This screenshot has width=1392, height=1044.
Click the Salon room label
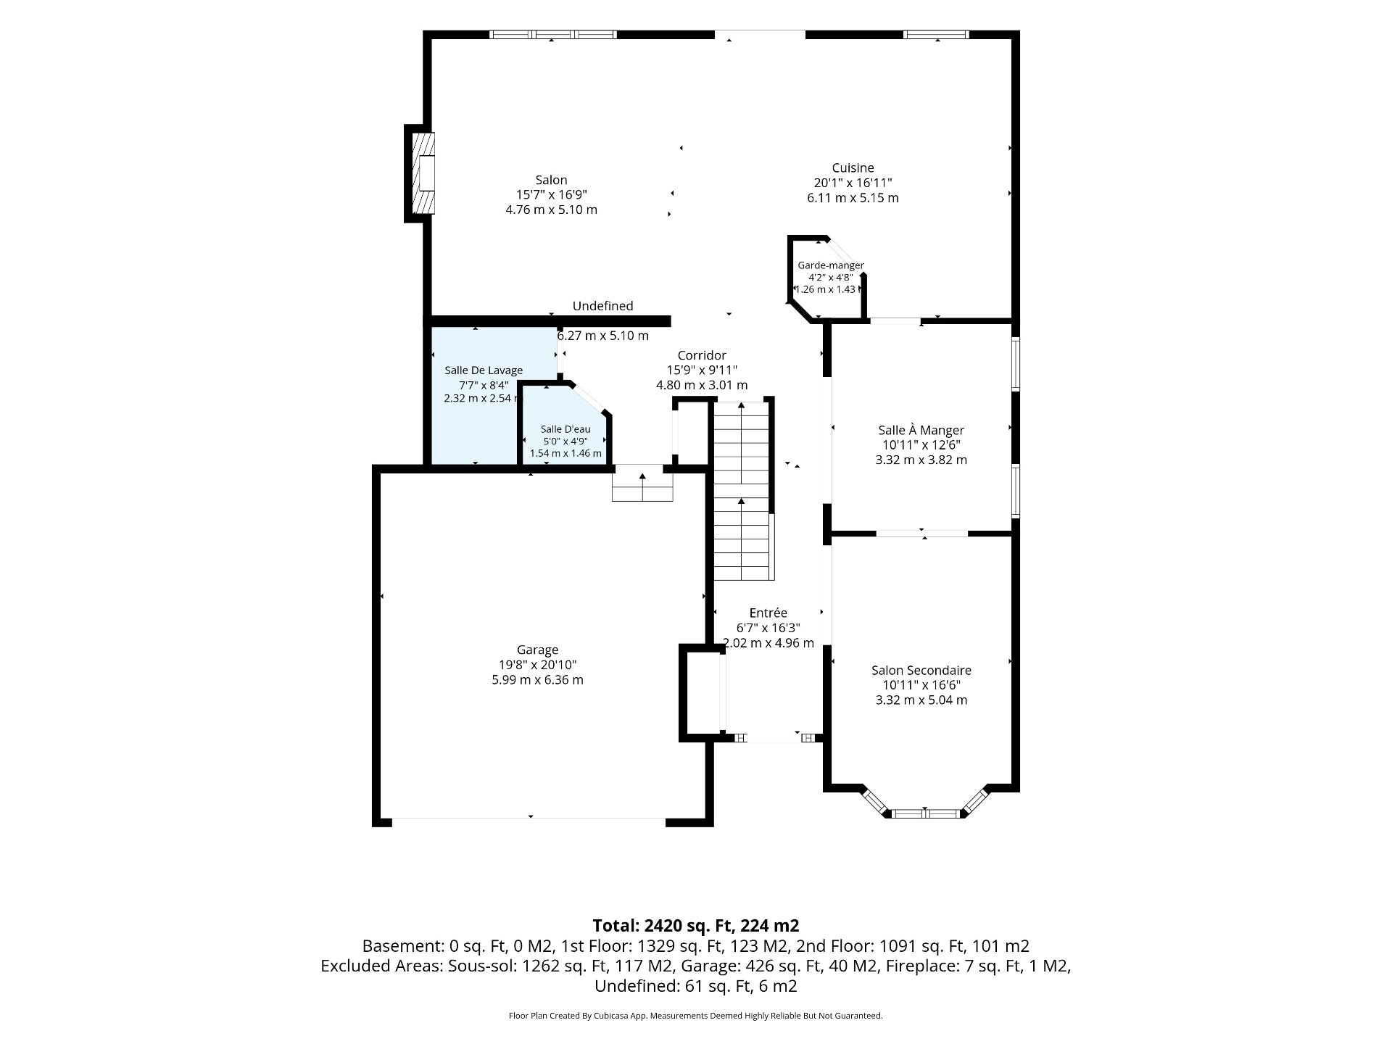pos(551,180)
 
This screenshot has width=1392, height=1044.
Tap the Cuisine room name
pos(853,168)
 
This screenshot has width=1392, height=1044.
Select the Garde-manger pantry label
pos(831,265)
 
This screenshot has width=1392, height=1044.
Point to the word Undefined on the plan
pos(602,306)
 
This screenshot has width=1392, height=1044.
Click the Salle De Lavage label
pos(484,370)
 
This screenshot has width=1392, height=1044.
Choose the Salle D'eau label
pos(565,429)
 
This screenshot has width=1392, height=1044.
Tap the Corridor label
pos(702,355)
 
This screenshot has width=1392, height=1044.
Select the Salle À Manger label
pos(921,430)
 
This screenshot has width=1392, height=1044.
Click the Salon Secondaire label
pos(921,671)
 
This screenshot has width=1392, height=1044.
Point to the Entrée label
pos(768,613)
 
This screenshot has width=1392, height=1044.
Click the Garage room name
pos(537,650)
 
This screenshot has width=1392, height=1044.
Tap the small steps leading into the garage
pos(642,484)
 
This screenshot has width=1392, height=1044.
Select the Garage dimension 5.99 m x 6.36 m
pos(537,680)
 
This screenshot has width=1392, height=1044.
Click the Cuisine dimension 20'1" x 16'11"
pos(853,183)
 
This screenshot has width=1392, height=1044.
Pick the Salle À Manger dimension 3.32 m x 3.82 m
pos(921,460)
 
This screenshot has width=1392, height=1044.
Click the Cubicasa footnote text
pos(696,1016)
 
